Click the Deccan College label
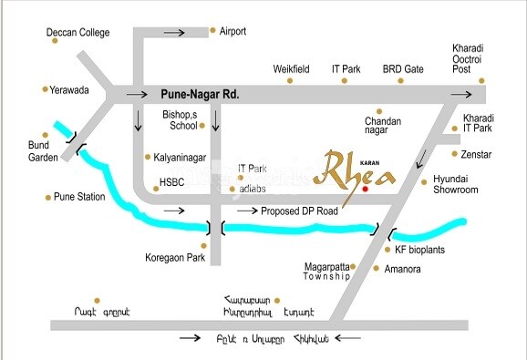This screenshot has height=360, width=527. click(x=78, y=34)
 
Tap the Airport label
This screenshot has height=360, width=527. click(x=234, y=31)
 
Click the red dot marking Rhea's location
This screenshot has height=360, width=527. click(x=366, y=190)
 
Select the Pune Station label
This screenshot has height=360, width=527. click(x=82, y=197)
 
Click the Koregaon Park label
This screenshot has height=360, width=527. click(x=177, y=258)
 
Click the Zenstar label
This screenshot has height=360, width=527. click(x=476, y=156)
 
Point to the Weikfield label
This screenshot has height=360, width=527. click(x=292, y=69)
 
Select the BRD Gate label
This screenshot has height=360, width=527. click(x=403, y=69)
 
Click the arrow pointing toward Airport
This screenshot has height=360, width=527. click(x=174, y=33)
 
